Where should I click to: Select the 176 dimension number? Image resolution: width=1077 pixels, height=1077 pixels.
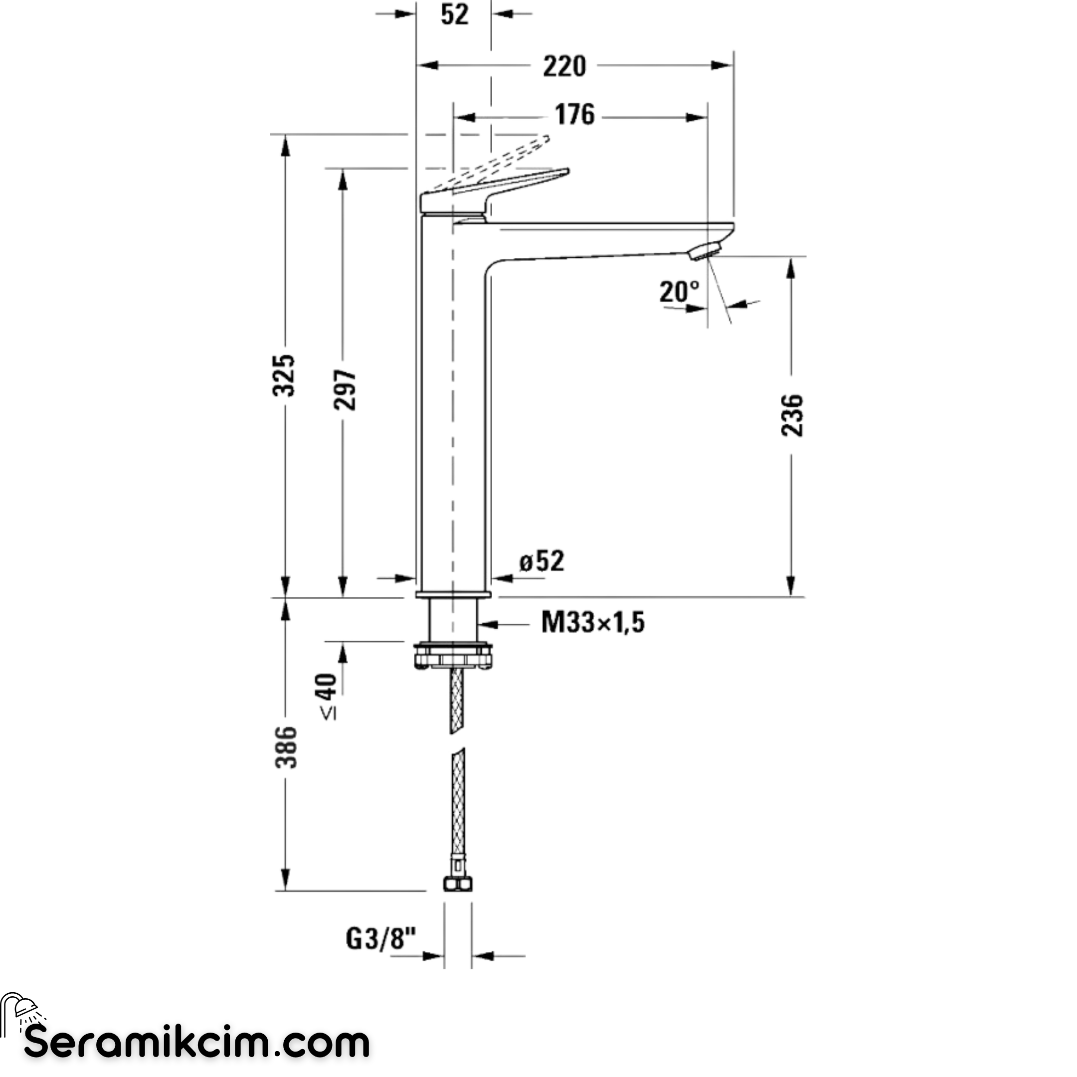coord(575,115)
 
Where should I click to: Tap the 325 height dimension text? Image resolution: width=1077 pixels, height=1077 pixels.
coord(284,375)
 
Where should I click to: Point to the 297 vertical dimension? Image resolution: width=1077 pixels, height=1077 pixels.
coord(345,389)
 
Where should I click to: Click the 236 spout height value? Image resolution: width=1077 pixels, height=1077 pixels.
coord(792,415)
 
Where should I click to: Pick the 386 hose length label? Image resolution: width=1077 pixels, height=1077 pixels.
coord(287,747)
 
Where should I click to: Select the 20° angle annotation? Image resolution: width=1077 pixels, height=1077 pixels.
coord(679,292)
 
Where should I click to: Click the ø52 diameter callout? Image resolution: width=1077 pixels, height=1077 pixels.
coord(542,561)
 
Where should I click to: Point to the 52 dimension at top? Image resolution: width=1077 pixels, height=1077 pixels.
coord(454,14)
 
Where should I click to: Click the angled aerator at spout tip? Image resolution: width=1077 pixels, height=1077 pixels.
coord(705,250)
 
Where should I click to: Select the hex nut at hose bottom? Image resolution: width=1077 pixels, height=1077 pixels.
coord(458,884)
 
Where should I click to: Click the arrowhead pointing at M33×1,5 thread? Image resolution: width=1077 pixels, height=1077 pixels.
coord(487,624)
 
